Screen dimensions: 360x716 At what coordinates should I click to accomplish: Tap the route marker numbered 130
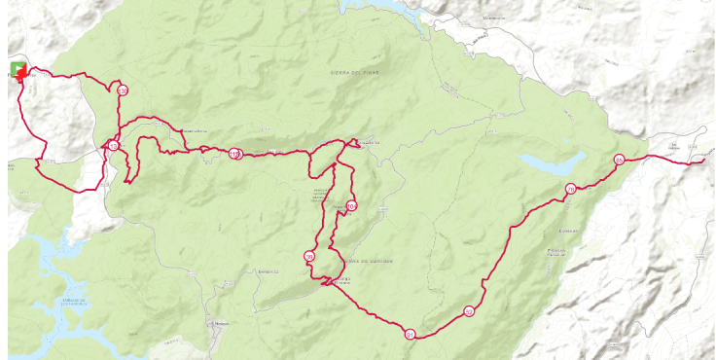point(123,90)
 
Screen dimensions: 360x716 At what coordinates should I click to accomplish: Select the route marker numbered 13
point(113,146)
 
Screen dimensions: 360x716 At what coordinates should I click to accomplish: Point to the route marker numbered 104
point(351,206)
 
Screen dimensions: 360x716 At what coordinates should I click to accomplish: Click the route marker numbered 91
point(411,334)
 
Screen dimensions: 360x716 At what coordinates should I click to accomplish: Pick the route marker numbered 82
point(469,311)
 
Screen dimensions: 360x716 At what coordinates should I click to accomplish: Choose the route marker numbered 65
point(619,161)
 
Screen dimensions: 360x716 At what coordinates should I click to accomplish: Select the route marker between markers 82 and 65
point(570,189)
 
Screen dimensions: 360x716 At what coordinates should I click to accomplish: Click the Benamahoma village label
point(191,130)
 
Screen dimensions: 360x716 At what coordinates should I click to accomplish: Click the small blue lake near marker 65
point(551,161)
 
